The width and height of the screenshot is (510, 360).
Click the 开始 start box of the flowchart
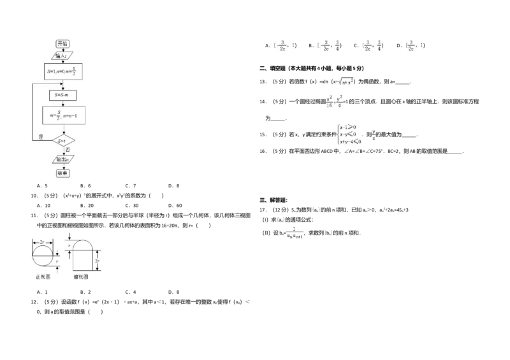(62, 43)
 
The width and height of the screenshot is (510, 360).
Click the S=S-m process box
(62, 95)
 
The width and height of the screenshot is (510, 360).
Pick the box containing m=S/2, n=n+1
(62, 115)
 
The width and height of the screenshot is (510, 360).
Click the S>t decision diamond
(62, 140)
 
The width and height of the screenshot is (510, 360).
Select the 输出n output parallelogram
(62, 159)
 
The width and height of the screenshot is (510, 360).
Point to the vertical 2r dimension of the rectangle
(97, 261)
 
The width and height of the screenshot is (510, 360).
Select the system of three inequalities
(347, 135)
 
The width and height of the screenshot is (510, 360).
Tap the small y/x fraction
(374, 135)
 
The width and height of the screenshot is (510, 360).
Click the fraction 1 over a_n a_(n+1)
(295, 233)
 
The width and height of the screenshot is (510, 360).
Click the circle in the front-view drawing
(42, 256)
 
